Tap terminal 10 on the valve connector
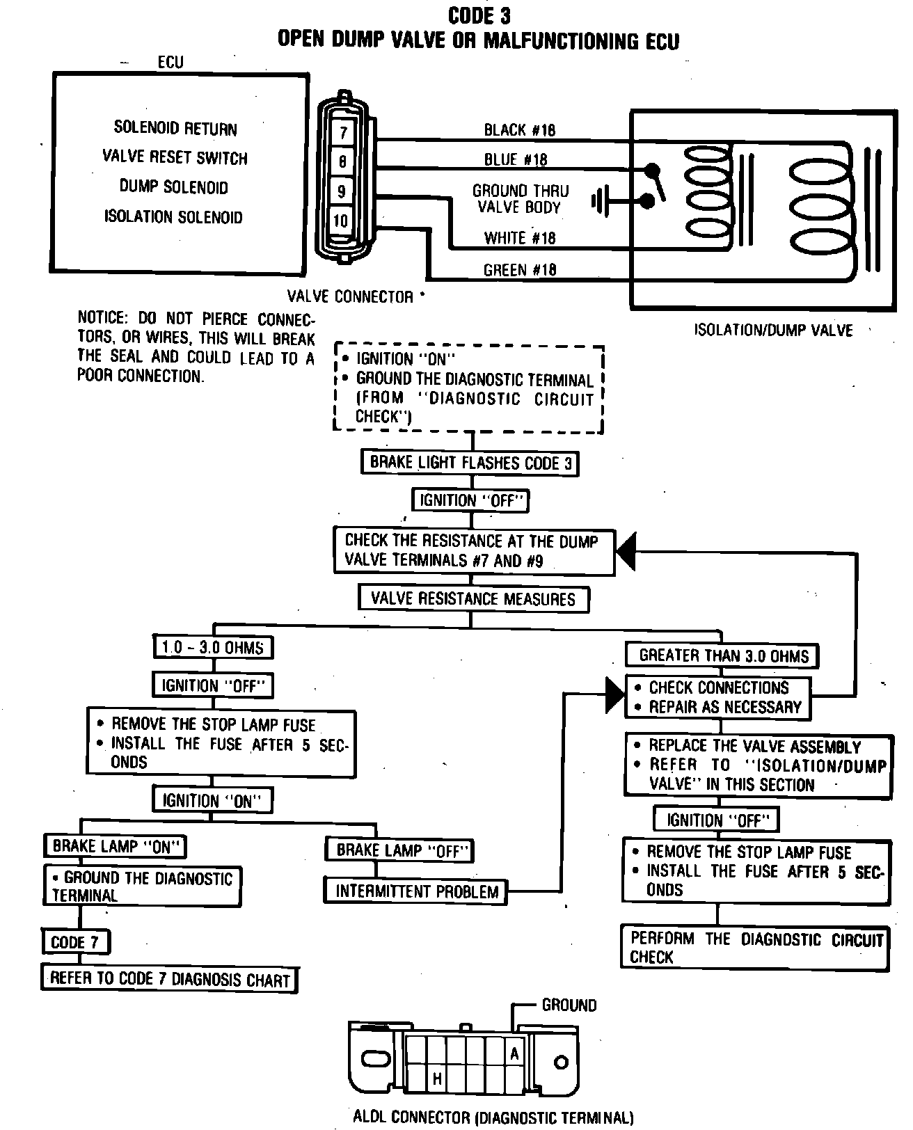coord(341,221)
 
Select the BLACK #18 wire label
coord(520,130)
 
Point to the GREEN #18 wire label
coord(520,269)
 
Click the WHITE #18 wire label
coord(520,238)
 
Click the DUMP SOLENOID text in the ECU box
coord(173,187)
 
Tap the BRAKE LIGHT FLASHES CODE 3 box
coord(470,463)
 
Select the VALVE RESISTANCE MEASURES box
coord(473,598)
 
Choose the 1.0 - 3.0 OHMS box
coord(212,647)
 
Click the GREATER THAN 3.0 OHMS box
coord(724,655)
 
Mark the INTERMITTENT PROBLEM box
coord(417,891)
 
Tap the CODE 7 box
coord(75,943)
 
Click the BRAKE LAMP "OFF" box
coord(400,850)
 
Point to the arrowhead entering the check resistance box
coord(627,552)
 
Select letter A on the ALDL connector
coord(514,1054)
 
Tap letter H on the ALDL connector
coord(437,1079)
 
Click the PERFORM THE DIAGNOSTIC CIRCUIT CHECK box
coord(756,948)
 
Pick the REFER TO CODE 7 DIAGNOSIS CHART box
coord(169,979)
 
